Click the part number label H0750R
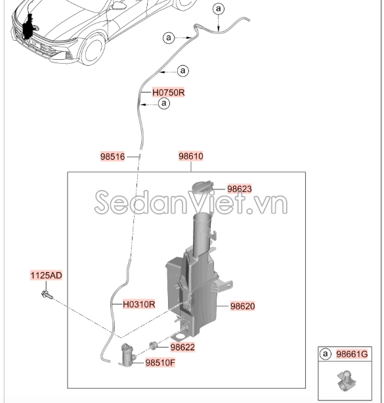point(168,93)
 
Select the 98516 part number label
point(112,156)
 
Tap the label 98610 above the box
point(191,156)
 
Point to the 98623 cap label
point(240,189)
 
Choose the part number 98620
point(242,306)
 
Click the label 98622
point(182,346)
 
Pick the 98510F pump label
point(160,362)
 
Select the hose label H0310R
point(138,304)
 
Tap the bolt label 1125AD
point(45,275)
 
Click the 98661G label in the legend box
point(352,354)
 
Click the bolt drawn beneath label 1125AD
point(45,294)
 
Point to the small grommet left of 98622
point(154,344)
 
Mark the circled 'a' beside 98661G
point(325,354)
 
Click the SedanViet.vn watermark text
point(191,204)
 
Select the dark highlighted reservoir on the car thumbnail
point(28,30)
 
